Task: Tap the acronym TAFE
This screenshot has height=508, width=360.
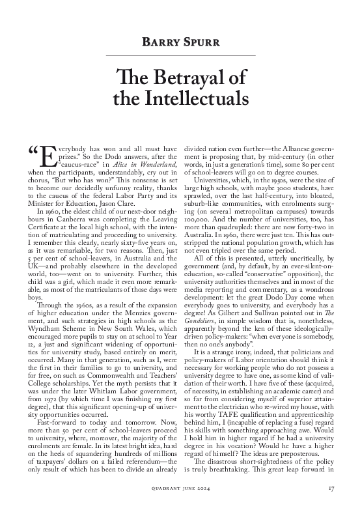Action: pos(234,423)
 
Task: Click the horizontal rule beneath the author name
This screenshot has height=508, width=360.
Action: pos(180,56)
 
